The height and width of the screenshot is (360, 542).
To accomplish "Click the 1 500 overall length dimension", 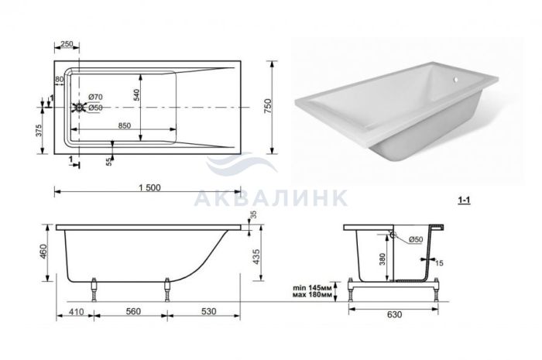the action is [149, 187].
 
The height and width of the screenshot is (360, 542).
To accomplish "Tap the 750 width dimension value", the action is [269, 107].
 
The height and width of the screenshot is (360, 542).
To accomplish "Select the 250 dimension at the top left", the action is [67, 44].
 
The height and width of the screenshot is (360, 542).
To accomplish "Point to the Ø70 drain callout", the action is [95, 97].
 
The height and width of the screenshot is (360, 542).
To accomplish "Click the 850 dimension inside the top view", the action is [124, 125].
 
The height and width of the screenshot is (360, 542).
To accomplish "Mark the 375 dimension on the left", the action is [39, 131].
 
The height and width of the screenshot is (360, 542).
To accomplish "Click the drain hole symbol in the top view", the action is [80, 108].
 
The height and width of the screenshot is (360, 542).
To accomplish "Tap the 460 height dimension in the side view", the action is [43, 252].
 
